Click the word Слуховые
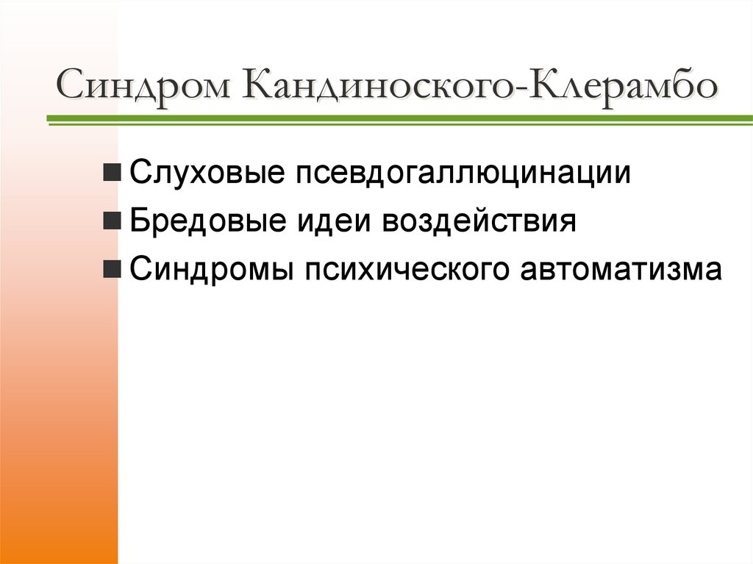(x=208, y=174)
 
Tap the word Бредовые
(x=211, y=221)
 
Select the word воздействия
(x=478, y=221)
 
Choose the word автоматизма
(x=622, y=268)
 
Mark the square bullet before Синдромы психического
(x=113, y=269)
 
